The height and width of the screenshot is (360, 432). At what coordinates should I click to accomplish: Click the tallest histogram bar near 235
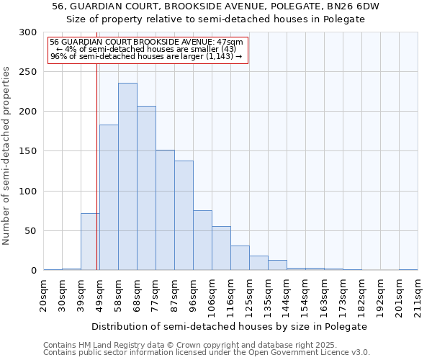(127, 176)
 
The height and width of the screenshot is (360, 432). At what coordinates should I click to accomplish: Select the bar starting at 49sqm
(109, 197)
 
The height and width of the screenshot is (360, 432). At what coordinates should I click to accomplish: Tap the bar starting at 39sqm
(90, 241)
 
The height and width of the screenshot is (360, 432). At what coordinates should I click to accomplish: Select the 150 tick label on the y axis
(28, 152)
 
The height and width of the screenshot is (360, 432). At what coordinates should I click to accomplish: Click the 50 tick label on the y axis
(31, 231)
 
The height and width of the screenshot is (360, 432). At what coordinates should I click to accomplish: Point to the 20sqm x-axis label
(44, 294)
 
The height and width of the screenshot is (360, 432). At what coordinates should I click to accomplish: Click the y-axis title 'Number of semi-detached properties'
(8, 156)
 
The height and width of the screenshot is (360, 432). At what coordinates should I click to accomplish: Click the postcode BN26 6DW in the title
(354, 6)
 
